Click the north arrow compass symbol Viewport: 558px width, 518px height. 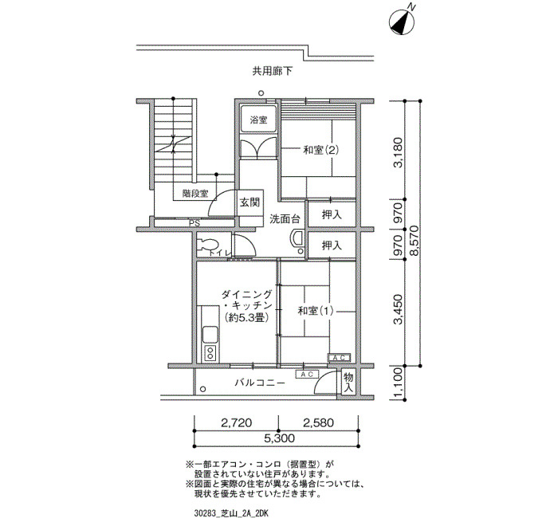coord(403,22)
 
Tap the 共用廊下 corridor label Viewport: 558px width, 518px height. coord(273,72)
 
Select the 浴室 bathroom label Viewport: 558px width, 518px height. coord(258,120)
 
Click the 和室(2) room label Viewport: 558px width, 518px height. coord(320,150)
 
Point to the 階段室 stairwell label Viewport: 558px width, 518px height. coord(195,194)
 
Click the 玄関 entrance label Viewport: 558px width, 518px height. coord(250,202)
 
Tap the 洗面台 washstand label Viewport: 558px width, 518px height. coord(285,219)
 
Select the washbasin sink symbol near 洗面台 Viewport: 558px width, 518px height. coord(297,238)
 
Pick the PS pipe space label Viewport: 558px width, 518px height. coord(195,223)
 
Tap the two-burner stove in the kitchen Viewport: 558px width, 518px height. coord(210,353)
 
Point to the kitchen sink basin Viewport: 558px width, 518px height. coord(210,334)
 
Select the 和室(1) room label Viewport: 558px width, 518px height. coord(316,311)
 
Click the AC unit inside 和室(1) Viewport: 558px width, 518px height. coord(339,358)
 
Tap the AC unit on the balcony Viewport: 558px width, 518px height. coord(307,375)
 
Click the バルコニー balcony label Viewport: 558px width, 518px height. coord(260,383)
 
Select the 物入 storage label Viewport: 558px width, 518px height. coord(348,382)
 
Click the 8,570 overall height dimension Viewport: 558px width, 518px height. coord(415,240)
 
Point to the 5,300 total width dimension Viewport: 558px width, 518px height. coord(279,438)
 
